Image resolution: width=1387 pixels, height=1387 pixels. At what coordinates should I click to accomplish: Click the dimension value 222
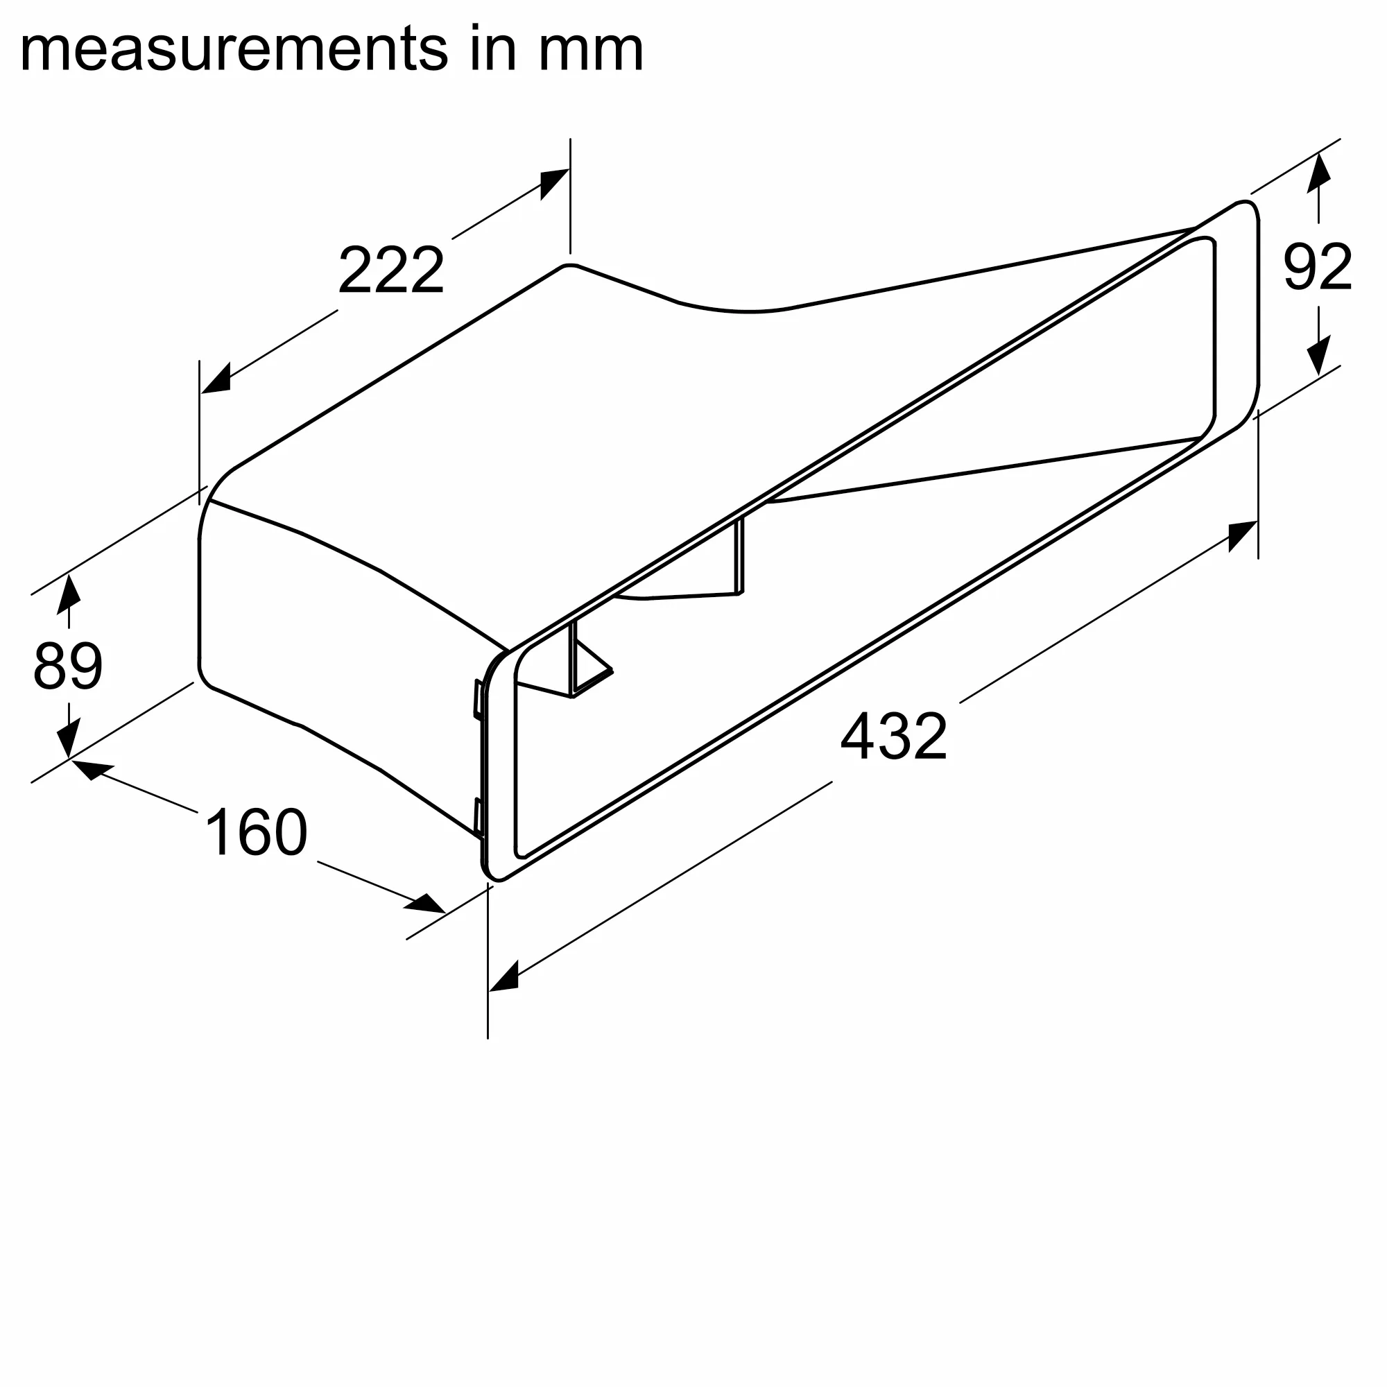coord(391,270)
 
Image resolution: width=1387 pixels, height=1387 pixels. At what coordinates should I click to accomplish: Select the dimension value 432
coord(894,736)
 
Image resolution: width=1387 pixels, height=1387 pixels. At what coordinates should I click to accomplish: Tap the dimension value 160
coord(257,832)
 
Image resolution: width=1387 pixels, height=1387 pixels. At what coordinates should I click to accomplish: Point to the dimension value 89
coord(68,666)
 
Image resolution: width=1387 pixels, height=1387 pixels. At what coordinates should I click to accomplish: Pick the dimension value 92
coord(1318,266)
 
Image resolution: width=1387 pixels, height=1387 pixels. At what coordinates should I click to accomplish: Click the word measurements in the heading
coord(234,49)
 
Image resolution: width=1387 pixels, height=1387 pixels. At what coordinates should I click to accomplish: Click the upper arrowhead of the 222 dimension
coord(553,184)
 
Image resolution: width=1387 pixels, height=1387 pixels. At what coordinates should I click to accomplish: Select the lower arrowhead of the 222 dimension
coord(216,379)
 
